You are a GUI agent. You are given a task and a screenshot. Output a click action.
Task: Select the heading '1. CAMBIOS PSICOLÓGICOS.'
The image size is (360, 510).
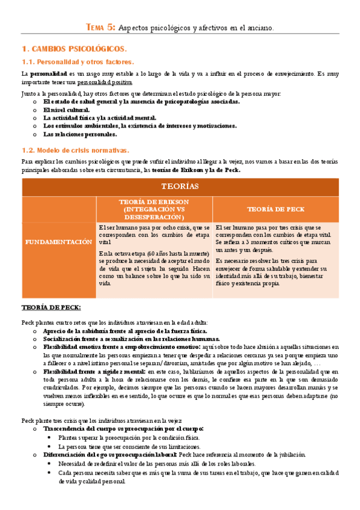[x=74, y=48]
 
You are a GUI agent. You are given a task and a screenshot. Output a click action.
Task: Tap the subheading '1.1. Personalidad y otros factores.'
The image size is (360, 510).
[x=78, y=61]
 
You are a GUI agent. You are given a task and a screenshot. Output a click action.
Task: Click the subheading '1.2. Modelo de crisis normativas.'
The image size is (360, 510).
[x=75, y=150]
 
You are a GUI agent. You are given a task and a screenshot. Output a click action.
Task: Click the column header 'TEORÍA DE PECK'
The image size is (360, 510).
[x=276, y=209]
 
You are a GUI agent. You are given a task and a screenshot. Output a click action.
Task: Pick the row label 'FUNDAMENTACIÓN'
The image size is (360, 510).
[x=58, y=242]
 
